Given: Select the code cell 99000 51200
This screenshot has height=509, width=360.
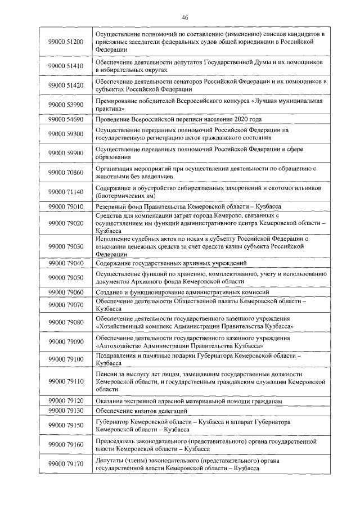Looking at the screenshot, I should click(66, 42).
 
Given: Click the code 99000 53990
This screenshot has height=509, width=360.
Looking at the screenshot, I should click(66, 105).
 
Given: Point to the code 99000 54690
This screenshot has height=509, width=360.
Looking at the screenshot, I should click(66, 120).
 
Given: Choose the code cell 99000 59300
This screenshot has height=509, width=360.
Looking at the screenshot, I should click(66, 134).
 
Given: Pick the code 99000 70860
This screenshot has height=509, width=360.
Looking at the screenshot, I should click(66, 172).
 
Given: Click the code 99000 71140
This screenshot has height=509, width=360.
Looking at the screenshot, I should click(66, 192).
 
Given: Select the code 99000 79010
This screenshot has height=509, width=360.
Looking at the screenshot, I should click(66, 207).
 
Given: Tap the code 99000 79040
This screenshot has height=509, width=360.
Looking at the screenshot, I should click(66, 263).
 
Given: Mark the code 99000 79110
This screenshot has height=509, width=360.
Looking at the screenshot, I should click(66, 381).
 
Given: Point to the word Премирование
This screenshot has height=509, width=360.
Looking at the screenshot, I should click(117, 101).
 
